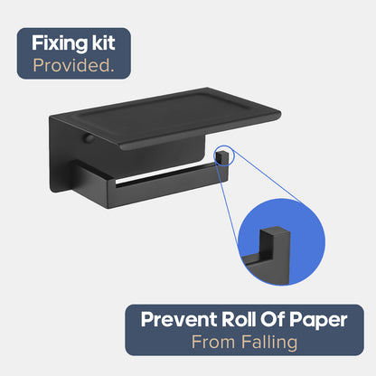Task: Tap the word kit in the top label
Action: [x=103, y=42]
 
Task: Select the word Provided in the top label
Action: [x=71, y=65]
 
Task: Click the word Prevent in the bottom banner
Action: [x=179, y=319]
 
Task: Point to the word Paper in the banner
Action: [x=318, y=321]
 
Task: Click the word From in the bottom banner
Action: [x=213, y=342]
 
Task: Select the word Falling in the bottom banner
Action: [x=269, y=343]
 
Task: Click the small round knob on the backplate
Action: [x=89, y=139]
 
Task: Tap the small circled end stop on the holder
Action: [x=221, y=156]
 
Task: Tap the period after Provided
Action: [x=112, y=70]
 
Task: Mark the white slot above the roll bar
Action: [x=165, y=176]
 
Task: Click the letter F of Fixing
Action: [x=37, y=43]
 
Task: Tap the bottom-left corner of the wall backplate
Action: [x=52, y=191]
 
